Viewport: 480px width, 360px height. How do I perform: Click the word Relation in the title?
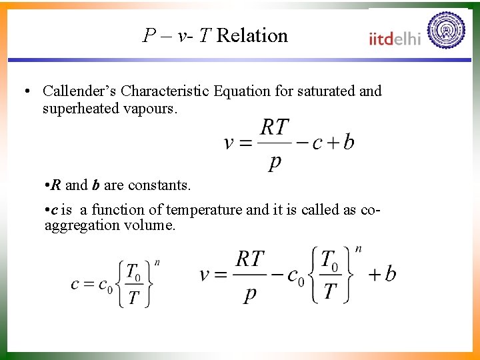(252, 35)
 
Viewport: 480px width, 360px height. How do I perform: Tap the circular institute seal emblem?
(447, 30)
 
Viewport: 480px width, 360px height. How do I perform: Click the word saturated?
(324, 91)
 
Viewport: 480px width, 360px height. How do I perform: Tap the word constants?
(159, 184)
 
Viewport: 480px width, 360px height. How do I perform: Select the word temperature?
(205, 209)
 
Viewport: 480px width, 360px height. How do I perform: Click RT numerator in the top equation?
(274, 127)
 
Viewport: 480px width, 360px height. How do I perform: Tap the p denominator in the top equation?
(274, 162)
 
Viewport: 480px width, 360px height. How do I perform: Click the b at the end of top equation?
(349, 143)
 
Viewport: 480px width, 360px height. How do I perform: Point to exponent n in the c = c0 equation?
(157, 262)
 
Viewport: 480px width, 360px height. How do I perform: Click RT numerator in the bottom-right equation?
(250, 259)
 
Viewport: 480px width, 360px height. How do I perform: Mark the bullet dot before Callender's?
(25, 91)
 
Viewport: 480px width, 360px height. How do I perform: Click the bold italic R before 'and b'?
(56, 184)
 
